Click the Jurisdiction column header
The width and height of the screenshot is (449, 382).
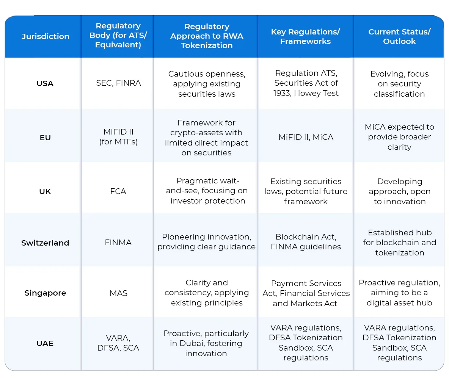point(45,36)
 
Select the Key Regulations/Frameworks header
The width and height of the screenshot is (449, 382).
point(306,36)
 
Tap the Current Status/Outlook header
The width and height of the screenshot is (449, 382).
point(399,36)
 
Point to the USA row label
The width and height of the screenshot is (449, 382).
point(45,83)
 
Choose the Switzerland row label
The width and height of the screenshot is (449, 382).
point(45,243)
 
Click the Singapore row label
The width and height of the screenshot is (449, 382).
point(45,293)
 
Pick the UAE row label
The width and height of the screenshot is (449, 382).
point(45,343)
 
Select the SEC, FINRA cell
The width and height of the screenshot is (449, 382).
point(118,83)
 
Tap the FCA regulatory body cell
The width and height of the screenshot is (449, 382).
point(118,191)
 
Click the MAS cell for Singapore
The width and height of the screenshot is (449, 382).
point(118,293)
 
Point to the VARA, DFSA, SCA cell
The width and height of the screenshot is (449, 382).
point(118,343)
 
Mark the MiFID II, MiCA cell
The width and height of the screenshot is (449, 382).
point(306,137)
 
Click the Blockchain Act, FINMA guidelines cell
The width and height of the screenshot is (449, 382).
point(306,242)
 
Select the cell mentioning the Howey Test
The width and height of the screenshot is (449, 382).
point(306,83)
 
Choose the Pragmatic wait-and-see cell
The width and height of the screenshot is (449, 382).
point(206,191)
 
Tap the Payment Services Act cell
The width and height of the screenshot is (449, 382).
point(306,293)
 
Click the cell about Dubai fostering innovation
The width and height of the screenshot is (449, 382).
point(206,343)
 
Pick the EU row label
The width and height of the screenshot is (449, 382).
point(45,138)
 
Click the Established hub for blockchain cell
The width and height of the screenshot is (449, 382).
point(399,243)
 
